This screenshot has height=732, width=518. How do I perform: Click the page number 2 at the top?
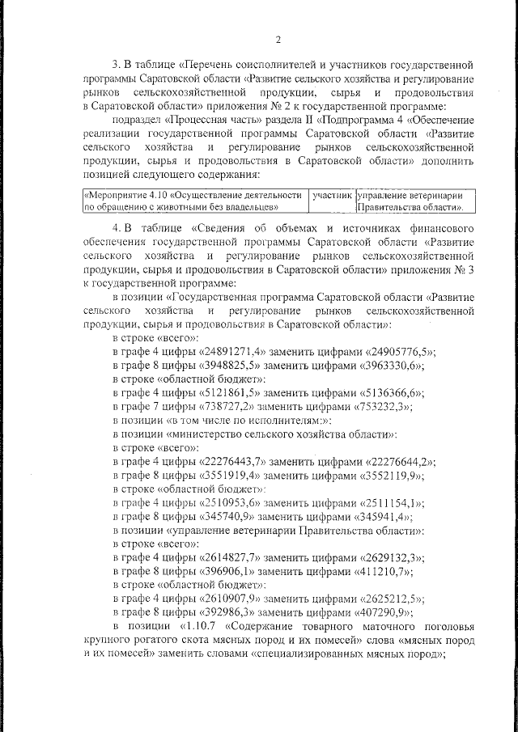coord(278,39)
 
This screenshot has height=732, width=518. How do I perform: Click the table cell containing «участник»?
coord(333,196)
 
